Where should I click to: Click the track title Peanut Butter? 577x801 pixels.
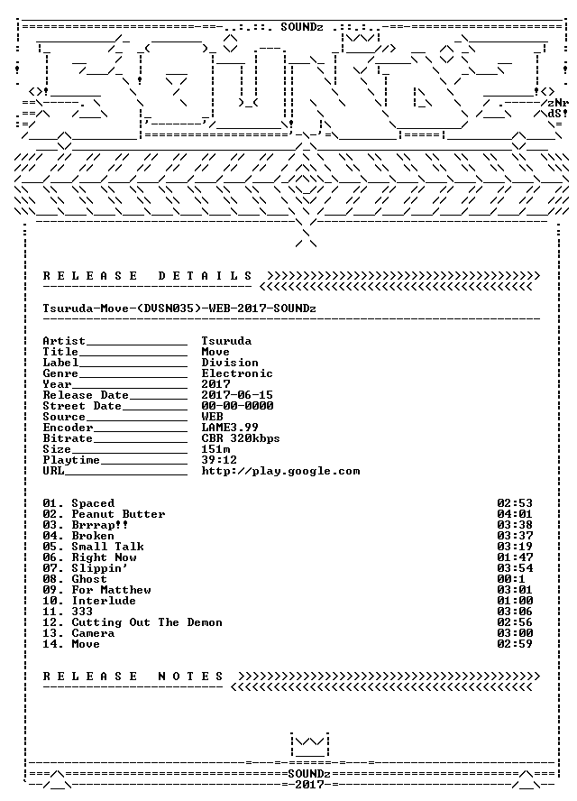click(118, 514)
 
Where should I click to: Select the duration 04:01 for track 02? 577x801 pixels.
click(515, 514)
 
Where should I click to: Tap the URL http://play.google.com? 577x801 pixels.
click(281, 471)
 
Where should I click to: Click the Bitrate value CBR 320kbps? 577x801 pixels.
click(241, 438)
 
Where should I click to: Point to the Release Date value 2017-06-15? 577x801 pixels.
click(237, 395)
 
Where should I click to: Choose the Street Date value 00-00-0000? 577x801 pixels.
click(237, 406)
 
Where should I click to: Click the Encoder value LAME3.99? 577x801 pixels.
click(230, 428)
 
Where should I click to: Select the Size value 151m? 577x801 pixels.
click(215, 449)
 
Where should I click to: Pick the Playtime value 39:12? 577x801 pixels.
click(219, 460)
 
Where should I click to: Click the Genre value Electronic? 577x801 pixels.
click(237, 373)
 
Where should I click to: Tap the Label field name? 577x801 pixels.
click(60, 363)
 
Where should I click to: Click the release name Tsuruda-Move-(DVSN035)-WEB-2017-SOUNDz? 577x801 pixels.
click(179, 308)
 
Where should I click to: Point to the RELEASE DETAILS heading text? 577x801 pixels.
click(148, 276)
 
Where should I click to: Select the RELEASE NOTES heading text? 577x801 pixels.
click(133, 677)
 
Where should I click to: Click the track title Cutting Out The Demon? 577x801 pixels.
click(147, 622)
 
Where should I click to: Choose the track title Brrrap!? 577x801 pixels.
click(100, 525)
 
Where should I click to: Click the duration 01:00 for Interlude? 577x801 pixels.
click(515, 601)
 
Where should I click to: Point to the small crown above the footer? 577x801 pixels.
click(309, 745)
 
